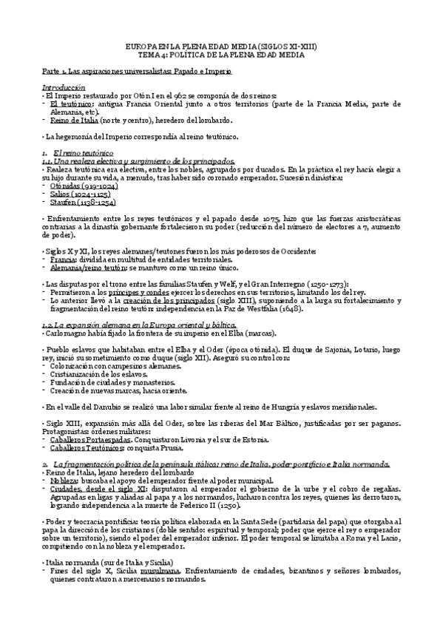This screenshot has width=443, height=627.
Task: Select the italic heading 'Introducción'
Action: click(x=64, y=87)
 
